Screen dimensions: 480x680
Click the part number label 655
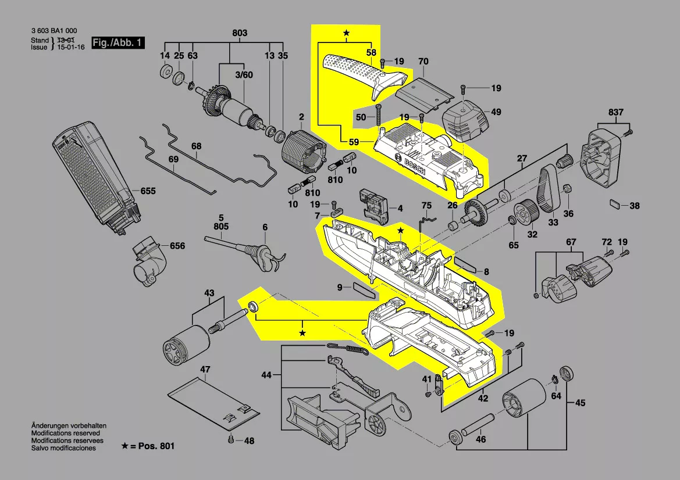pyautogui.click(x=148, y=191)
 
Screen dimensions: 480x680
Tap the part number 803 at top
pyautogui.click(x=240, y=33)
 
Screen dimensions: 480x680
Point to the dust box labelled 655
pyautogui.click(x=96, y=174)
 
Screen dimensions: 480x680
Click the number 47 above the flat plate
pyautogui.click(x=205, y=370)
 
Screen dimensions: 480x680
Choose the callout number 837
pyautogui.click(x=616, y=112)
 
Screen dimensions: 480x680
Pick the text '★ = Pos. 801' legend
pyautogui.click(x=148, y=446)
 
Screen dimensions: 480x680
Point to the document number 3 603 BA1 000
pyautogui.click(x=54, y=31)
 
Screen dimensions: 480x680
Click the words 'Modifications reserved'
pyautogui.click(x=65, y=433)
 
